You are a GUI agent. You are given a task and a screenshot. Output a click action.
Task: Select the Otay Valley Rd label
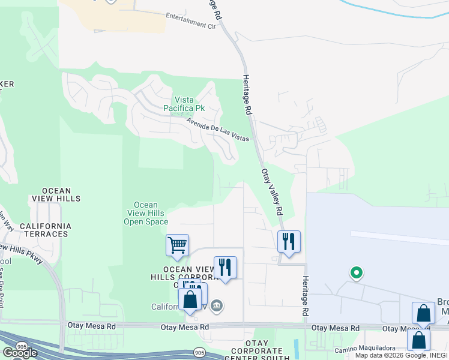coord(271,192)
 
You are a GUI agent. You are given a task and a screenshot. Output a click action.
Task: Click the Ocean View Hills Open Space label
coord(146,213)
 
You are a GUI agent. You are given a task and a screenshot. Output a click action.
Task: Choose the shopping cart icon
coord(177,245)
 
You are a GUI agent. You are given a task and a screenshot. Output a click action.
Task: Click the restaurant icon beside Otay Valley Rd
coord(289,241)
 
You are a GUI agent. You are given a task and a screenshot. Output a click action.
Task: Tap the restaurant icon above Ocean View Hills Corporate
coord(225,267)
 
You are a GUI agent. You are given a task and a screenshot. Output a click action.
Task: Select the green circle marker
coord(356,273)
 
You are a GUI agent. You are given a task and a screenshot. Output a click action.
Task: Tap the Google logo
coord(19,352)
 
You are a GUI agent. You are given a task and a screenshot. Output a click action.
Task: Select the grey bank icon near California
coord(217,307)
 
